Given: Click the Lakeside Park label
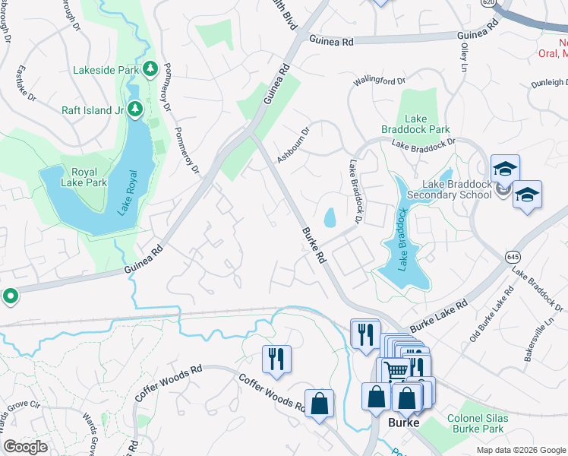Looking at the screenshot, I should click(x=106, y=70).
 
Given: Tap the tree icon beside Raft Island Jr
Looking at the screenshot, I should click(x=134, y=109).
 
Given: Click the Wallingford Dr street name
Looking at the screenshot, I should click(x=380, y=80).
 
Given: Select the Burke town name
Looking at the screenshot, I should click(x=404, y=423).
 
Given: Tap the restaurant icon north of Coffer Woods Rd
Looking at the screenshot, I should click(x=276, y=359).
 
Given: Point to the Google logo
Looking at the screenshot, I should click(x=26, y=447).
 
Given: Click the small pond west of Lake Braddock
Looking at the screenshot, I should click(x=330, y=218).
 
